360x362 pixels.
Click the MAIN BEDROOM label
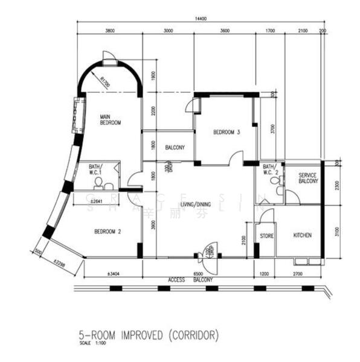pos(111,119)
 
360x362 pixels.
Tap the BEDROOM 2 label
pos(108,230)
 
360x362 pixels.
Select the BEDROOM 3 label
pos(227,133)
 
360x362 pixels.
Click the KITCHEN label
pos(302,235)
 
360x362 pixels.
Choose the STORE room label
pos(266,235)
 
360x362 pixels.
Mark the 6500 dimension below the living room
pos(198,273)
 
